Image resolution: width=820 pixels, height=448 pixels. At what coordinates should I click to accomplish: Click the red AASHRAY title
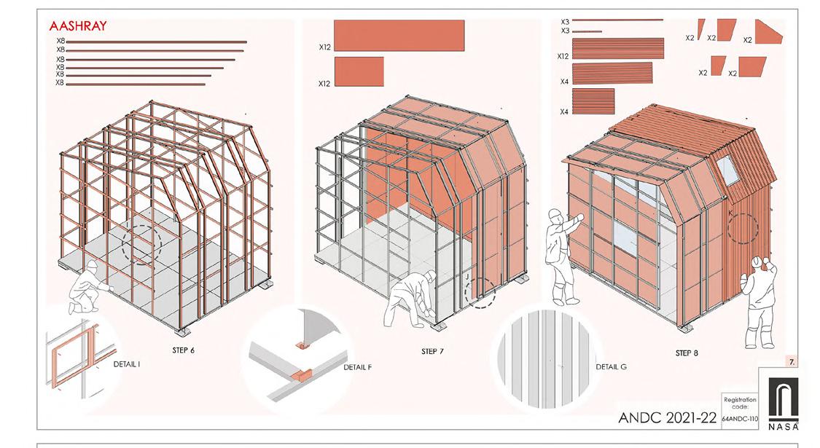tap(78, 25)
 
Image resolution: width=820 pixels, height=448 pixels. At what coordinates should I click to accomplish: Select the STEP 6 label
tap(183, 350)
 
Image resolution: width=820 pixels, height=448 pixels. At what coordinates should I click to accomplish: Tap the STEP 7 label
tap(432, 351)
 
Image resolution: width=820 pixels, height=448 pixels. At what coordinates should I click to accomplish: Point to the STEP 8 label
tap(687, 353)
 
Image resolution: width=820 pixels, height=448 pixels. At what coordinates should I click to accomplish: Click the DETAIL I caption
tap(127, 364)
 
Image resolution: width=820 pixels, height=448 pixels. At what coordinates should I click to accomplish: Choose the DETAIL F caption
tap(358, 367)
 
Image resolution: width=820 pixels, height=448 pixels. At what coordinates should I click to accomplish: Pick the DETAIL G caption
tap(612, 367)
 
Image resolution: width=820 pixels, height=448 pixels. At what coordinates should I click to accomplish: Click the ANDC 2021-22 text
tap(667, 417)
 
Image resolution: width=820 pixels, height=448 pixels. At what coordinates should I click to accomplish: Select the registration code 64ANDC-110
tap(740, 419)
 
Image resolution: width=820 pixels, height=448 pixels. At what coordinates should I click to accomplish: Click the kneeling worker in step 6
tap(89, 287)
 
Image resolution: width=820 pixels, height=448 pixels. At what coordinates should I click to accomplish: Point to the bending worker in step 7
tap(410, 299)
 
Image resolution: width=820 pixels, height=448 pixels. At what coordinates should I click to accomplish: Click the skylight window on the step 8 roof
tap(727, 170)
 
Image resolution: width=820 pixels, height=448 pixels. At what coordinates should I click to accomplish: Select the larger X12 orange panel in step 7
tap(399, 36)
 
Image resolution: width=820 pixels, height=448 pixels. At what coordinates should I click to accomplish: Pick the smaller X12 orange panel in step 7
tap(359, 71)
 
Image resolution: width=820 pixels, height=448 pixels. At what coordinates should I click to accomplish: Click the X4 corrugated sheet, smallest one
tap(593, 101)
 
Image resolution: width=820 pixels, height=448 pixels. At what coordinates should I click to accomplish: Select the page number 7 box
tap(792, 361)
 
